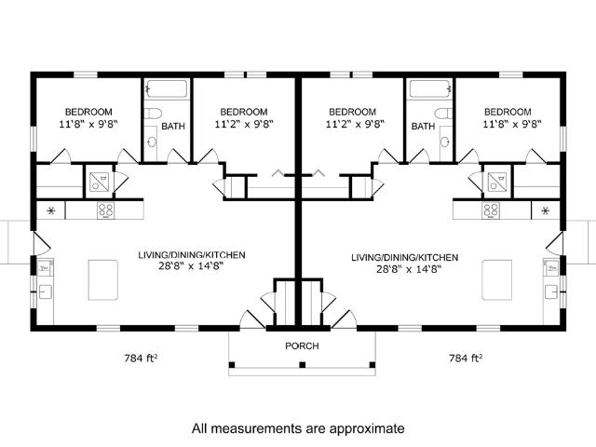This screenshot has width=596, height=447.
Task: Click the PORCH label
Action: coord(302,345)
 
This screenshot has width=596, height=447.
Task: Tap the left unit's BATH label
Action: coord(173,127)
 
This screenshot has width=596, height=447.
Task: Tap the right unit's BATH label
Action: coord(423,127)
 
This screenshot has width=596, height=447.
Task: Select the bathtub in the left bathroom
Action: coord(167,89)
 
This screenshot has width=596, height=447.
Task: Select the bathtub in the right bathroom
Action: coord(430,89)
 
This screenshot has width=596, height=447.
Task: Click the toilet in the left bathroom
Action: coord(154,114)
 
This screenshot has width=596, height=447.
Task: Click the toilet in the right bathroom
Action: coord(444,114)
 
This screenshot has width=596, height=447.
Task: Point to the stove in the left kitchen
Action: coord(105,210)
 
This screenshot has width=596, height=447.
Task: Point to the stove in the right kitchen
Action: coord(491,210)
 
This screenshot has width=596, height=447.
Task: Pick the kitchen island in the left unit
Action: coord(102,280)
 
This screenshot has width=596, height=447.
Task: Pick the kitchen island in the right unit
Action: coord(496,280)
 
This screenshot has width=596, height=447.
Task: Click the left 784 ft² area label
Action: coord(141,358)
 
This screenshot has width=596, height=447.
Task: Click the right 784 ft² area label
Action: coord(466,358)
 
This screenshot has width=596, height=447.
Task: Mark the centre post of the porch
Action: coord(302,365)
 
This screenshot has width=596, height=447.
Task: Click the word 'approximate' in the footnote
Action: coord(367,428)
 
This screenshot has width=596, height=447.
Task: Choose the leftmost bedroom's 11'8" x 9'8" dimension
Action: coord(88,124)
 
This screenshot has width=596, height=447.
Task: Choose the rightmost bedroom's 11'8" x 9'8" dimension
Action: coord(512,124)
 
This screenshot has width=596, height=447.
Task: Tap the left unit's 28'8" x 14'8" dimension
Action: coord(191,266)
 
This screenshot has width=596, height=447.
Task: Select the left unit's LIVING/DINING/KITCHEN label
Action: coord(192,254)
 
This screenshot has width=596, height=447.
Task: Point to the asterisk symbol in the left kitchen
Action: coord(51,210)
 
